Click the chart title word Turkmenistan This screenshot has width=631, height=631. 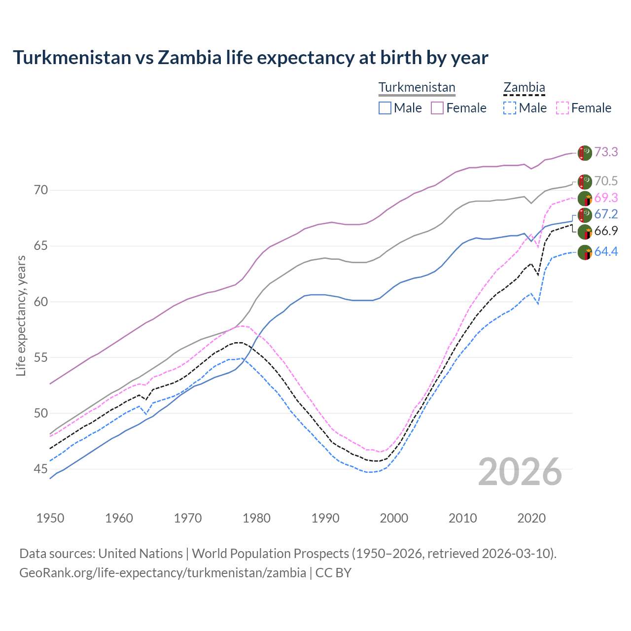[72, 58]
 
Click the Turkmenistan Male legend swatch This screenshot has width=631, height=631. [385, 108]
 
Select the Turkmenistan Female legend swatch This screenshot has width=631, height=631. [437, 108]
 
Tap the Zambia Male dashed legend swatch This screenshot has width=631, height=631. [510, 108]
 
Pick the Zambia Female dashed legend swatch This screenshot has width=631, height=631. [562, 108]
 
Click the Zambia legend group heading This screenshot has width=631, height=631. [524, 88]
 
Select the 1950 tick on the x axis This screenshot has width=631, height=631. [50, 518]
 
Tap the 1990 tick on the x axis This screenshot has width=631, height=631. [325, 518]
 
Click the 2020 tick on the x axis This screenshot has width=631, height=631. [531, 518]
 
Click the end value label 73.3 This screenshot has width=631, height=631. [606, 152]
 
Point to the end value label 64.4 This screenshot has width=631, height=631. [606, 252]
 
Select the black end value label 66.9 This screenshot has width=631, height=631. [606, 231]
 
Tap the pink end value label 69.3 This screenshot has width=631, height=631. [606, 198]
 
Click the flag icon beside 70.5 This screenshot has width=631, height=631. [585, 181]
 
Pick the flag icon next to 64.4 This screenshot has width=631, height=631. [585, 252]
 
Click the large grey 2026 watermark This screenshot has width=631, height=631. [520, 472]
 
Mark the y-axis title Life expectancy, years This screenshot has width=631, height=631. [21, 315]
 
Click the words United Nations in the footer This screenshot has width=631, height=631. [140, 554]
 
